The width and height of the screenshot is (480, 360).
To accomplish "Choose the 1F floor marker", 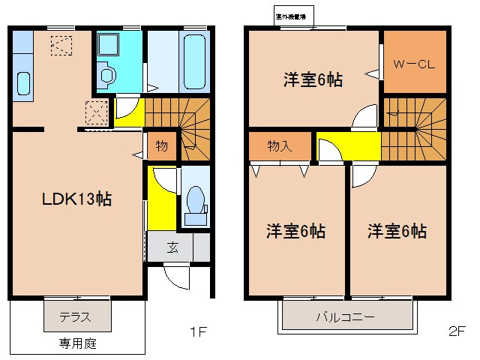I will (197, 331).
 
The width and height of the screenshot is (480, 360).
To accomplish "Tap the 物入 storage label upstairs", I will (279, 146).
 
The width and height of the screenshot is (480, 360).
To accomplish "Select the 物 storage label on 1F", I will (161, 145).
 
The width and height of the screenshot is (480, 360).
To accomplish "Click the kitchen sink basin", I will (22, 83).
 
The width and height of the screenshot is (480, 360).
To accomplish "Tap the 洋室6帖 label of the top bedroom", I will (313, 79).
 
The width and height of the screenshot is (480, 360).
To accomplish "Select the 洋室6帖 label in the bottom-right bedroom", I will (397, 231).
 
